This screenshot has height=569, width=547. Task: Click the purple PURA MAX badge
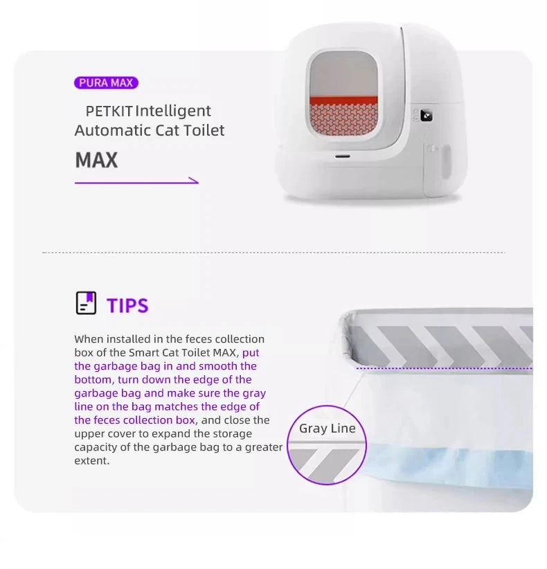click(106, 83)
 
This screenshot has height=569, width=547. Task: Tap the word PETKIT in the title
click(109, 111)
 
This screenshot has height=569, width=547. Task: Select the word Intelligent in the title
click(173, 111)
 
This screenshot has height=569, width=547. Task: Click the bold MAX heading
click(96, 160)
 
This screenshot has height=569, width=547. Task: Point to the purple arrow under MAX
click(136, 182)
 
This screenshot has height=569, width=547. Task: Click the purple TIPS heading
click(127, 305)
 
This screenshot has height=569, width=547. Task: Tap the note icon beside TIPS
click(86, 302)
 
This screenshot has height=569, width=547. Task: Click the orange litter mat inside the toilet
click(343, 116)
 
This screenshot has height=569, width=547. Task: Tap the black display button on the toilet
click(426, 116)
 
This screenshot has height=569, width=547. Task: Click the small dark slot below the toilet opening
click(342, 156)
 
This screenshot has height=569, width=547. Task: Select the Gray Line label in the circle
click(327, 428)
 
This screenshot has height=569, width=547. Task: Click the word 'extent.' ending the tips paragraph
click(92, 460)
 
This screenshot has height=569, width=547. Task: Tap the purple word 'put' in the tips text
click(251, 353)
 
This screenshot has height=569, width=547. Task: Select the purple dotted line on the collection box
click(445, 368)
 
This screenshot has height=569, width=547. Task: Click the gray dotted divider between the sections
click(273, 252)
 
